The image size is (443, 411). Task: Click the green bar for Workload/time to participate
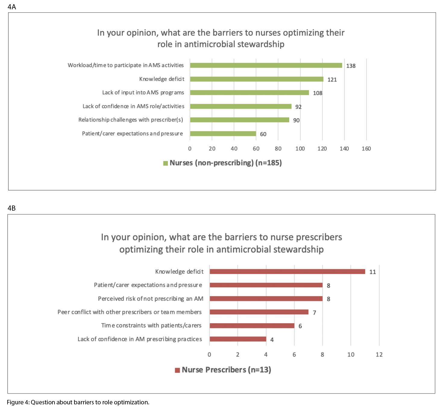pos(266,65)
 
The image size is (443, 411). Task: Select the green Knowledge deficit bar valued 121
pos(256,79)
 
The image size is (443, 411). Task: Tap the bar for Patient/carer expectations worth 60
pos(223,134)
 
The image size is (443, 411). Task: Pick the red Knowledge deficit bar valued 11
pos(287,272)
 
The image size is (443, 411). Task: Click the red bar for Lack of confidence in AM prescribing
pos(238,339)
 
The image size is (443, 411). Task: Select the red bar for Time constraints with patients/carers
pos(252,326)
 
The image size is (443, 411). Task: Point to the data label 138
pos(351,66)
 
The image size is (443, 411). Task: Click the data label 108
pos(318,93)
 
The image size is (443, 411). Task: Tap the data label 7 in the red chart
pos(314,313)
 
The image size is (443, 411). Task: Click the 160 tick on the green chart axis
pos(366,149)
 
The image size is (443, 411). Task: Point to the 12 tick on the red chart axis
pos(379,354)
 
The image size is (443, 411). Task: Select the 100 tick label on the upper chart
pos(300,149)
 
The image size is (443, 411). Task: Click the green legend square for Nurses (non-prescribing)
pos(165,163)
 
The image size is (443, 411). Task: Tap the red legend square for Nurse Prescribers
pos(178,370)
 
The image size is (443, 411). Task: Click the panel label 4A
pos(12,7)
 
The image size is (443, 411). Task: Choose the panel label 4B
pos(12,208)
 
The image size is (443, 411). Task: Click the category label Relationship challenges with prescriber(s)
pos(131,120)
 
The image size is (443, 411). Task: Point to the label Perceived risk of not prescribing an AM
pos(150,299)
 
